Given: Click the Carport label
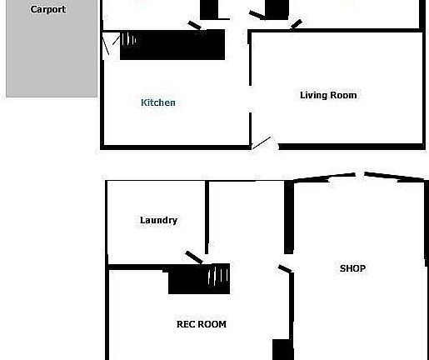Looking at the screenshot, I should [x=47, y=10].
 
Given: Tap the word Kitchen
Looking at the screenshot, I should [x=158, y=102].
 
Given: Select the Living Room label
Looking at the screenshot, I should [x=328, y=95].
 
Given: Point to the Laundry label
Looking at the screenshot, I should [x=158, y=220].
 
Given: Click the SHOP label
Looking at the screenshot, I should [x=352, y=268].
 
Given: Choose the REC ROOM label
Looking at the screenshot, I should [x=201, y=324].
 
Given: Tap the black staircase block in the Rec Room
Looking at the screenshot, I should [x=187, y=280].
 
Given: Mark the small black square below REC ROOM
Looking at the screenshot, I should [x=283, y=349].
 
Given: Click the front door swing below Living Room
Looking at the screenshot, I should [x=264, y=144].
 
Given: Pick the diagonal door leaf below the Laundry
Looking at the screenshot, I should [x=193, y=257].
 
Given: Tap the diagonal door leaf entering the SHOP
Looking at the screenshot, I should [x=285, y=269].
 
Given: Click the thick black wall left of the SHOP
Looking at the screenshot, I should [x=289, y=217].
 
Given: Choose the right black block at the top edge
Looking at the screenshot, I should [x=276, y=8].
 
